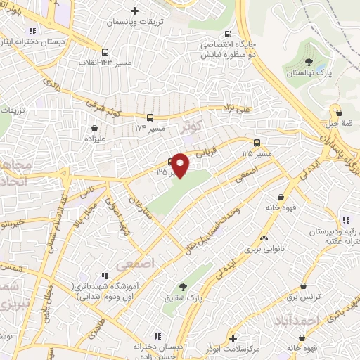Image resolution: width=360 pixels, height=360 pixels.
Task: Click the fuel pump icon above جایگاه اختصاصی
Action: (226, 34)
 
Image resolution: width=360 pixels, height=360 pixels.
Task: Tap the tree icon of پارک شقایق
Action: (184, 286)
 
